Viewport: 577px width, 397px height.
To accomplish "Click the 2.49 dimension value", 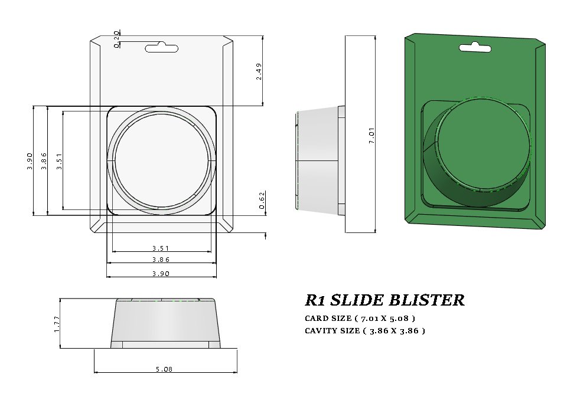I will coord(259,71).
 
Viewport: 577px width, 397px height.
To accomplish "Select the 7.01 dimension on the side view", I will coord(371,136).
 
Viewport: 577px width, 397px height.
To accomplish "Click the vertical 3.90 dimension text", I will coord(30,160).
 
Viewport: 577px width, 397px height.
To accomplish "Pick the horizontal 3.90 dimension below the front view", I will coord(161,274).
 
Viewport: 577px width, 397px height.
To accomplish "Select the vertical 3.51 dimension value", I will coord(59,160).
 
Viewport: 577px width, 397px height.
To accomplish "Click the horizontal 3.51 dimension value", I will coord(161,249).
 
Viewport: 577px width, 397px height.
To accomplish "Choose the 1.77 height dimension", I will coord(57,323).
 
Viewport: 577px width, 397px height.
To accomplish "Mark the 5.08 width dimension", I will coord(165,369).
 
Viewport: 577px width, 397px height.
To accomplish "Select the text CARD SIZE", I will coord(328,319).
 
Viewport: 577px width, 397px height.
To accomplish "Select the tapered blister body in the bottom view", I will coord(165,321).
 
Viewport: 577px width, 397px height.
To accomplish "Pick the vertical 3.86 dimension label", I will coord(44,160).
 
